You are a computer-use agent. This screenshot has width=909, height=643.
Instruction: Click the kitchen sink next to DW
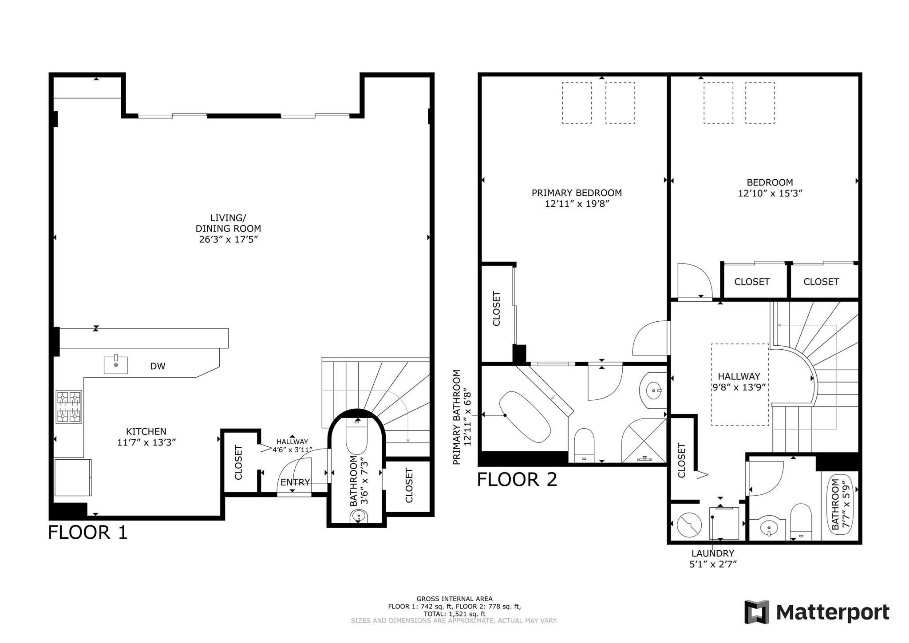click(116, 365)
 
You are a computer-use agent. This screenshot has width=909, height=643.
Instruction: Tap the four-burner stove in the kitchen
click(69, 406)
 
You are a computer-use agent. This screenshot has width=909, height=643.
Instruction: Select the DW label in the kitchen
click(158, 366)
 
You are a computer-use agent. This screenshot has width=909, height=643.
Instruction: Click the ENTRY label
click(295, 482)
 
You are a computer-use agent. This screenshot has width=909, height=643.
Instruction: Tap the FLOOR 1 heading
click(88, 533)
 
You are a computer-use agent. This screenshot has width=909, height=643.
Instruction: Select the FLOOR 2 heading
click(517, 480)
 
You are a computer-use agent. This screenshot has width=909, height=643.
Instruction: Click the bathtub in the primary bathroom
click(525, 417)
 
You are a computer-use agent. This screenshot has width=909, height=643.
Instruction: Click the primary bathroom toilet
click(584, 445)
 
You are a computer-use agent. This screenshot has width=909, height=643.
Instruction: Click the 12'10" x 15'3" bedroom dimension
click(770, 193)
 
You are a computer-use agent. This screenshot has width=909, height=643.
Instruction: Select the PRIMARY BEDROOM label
click(577, 193)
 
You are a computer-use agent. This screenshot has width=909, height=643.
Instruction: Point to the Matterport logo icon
click(757, 612)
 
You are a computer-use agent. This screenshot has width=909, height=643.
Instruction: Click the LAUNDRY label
click(713, 553)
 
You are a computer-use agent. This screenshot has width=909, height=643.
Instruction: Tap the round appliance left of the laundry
click(689, 525)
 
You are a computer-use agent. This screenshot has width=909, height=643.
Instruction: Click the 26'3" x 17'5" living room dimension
click(229, 240)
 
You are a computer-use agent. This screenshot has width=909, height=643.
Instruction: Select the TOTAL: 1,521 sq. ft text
click(454, 614)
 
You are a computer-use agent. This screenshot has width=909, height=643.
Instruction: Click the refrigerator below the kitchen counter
click(73, 477)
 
